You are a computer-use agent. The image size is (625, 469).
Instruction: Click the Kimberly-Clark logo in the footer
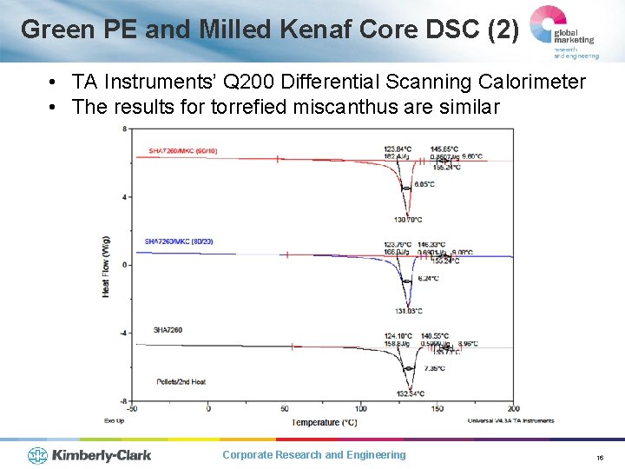[x=89, y=454]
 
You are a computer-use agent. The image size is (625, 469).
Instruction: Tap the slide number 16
[x=600, y=456]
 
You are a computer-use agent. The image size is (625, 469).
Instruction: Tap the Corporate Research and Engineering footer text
[x=313, y=455]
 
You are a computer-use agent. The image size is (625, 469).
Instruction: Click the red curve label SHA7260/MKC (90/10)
[x=182, y=151]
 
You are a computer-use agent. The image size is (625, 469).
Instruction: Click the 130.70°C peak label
[x=407, y=220]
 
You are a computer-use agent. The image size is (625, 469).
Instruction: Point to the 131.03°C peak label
[x=407, y=310]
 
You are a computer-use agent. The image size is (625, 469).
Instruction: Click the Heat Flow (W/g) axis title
[x=106, y=265]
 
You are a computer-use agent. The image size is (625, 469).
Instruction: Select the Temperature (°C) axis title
[x=324, y=422]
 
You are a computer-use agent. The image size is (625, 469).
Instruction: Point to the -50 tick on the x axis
[x=131, y=409]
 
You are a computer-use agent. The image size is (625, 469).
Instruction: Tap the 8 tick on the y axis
[x=125, y=129]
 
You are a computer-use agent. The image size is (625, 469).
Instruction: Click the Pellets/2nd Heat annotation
[x=181, y=381]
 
